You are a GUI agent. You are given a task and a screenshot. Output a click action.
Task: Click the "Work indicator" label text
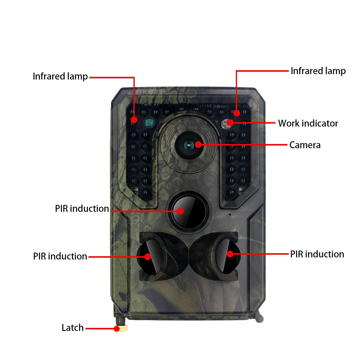pos(308,123)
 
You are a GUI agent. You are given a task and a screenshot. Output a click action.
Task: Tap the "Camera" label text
pos(305,145)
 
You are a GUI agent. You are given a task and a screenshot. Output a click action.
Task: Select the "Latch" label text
pos(73,328)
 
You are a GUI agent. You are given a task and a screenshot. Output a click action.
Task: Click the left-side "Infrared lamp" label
pos(60,76)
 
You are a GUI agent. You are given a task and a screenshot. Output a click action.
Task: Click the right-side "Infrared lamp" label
pos(318,71)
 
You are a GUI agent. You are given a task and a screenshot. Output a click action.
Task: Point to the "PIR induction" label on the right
pos(317,254)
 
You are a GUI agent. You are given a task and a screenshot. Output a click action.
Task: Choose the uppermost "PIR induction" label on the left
pos(82,208)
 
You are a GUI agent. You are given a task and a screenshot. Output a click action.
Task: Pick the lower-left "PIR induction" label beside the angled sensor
pos(60,256)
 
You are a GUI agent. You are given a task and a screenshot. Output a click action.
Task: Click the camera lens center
pos(189,145)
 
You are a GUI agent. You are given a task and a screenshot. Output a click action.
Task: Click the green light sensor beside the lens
pos(148,122)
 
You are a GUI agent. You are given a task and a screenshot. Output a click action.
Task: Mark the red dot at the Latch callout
pos(117,329)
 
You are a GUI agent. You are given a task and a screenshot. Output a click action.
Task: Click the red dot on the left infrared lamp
pos(134,120)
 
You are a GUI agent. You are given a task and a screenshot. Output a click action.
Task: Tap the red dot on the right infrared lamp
pos(237,113)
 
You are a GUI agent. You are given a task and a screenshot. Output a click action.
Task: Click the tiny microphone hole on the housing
pos(230,214)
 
